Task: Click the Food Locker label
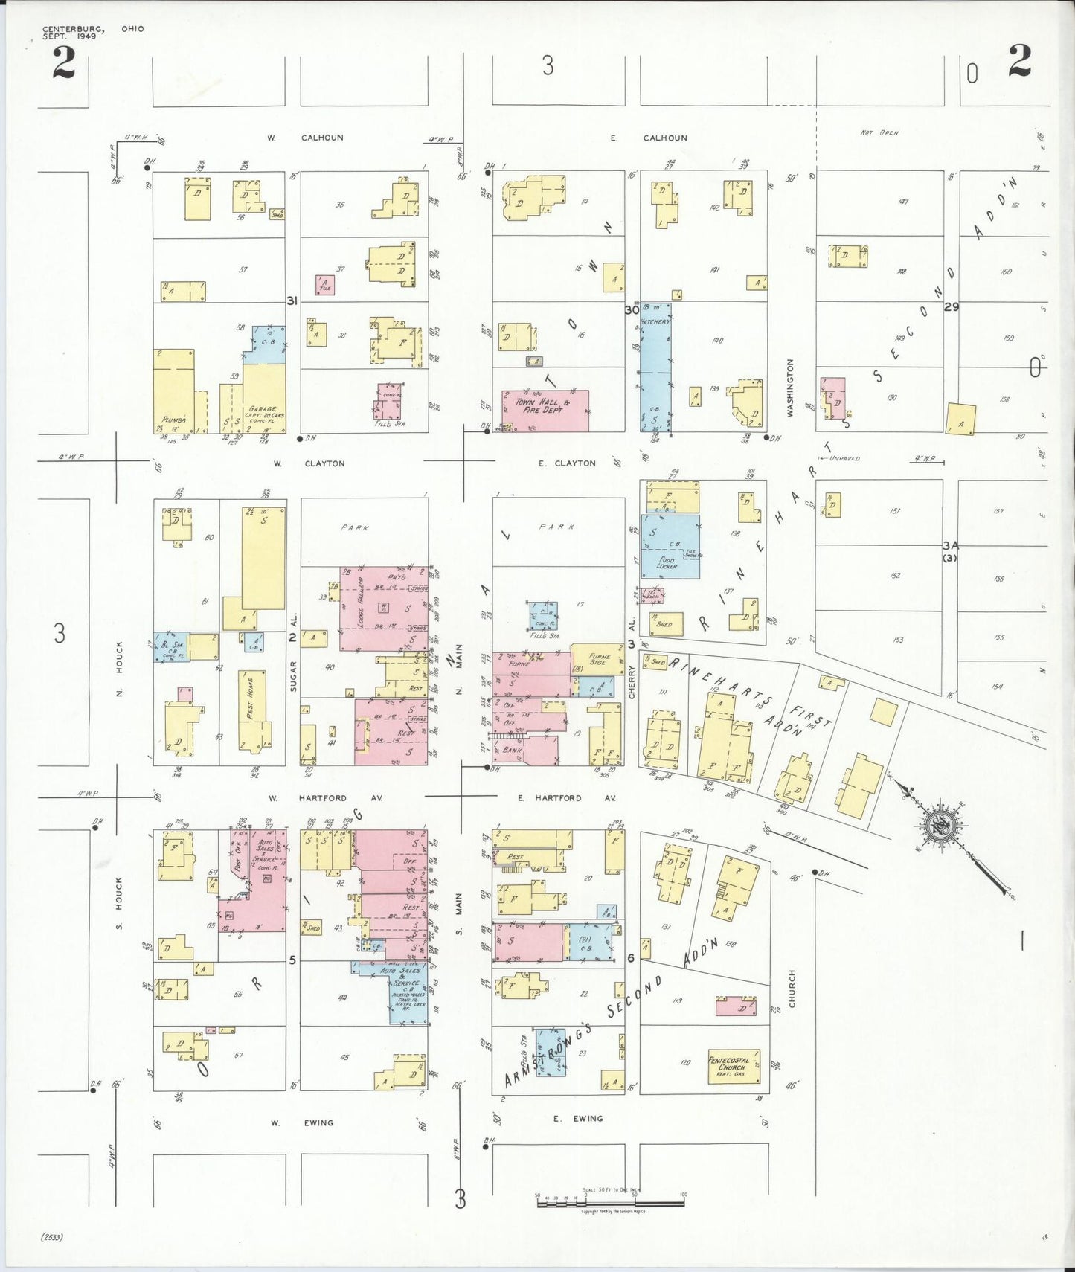point(667,563)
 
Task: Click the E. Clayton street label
point(567,463)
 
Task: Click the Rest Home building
point(251,710)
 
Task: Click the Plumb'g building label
point(173,420)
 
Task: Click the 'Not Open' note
point(879,133)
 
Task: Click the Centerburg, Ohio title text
point(92,32)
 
